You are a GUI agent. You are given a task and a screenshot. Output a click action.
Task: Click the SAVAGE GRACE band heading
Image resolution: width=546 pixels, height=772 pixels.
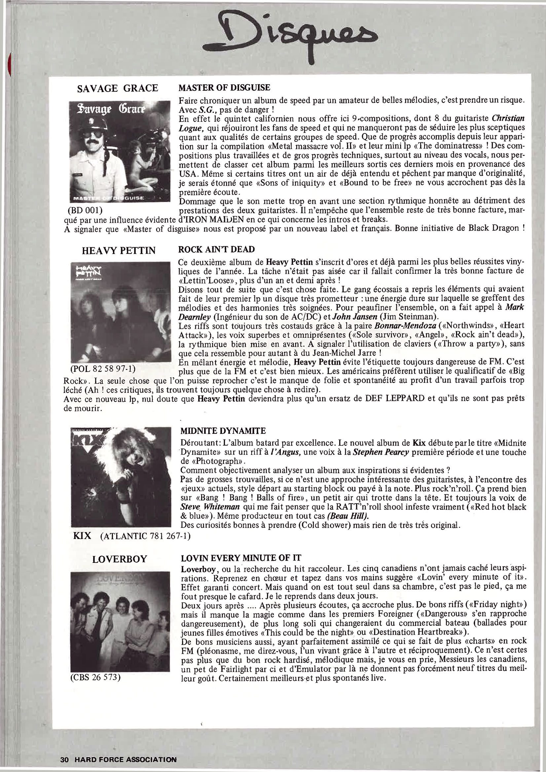[118, 88]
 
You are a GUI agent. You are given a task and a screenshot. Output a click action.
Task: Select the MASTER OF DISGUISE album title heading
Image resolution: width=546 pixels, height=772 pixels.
[224, 88]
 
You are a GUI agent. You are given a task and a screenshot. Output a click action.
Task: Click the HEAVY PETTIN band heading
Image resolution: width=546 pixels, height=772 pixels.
[119, 251]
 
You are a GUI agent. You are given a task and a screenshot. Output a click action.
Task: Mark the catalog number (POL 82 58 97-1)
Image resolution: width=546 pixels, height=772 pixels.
[103, 369]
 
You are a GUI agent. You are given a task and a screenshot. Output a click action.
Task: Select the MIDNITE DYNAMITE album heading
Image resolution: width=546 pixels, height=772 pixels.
[223, 431]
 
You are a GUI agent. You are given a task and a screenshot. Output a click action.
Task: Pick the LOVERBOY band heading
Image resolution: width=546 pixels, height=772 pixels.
[120, 559]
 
